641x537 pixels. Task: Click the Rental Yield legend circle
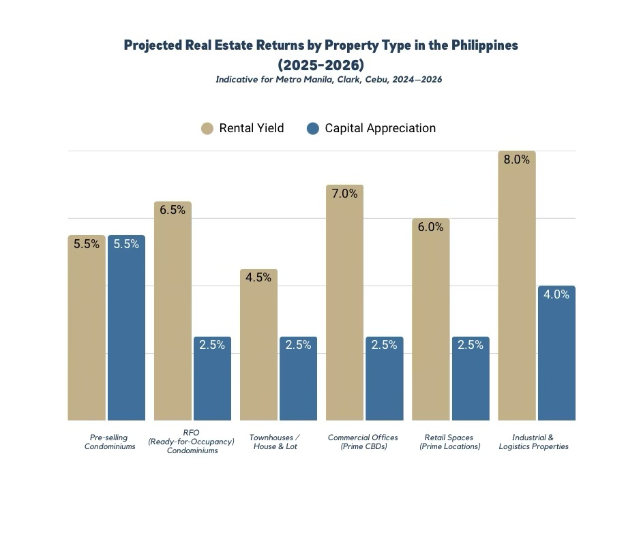207,128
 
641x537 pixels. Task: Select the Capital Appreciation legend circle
313,128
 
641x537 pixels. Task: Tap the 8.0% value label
516,159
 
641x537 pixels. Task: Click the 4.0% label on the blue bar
556,294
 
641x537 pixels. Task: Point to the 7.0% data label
344,194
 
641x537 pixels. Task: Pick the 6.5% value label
173,210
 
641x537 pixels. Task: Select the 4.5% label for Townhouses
258,277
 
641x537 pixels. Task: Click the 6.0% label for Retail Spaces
430,227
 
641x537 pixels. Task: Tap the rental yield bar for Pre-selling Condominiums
87,334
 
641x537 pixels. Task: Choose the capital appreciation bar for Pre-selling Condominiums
126,334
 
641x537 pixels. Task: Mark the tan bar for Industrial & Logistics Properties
516,293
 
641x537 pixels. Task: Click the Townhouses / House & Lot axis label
274,442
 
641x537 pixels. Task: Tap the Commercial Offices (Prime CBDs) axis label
363,442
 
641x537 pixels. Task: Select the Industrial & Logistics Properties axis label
533,442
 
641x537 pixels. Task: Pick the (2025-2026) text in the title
320,65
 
